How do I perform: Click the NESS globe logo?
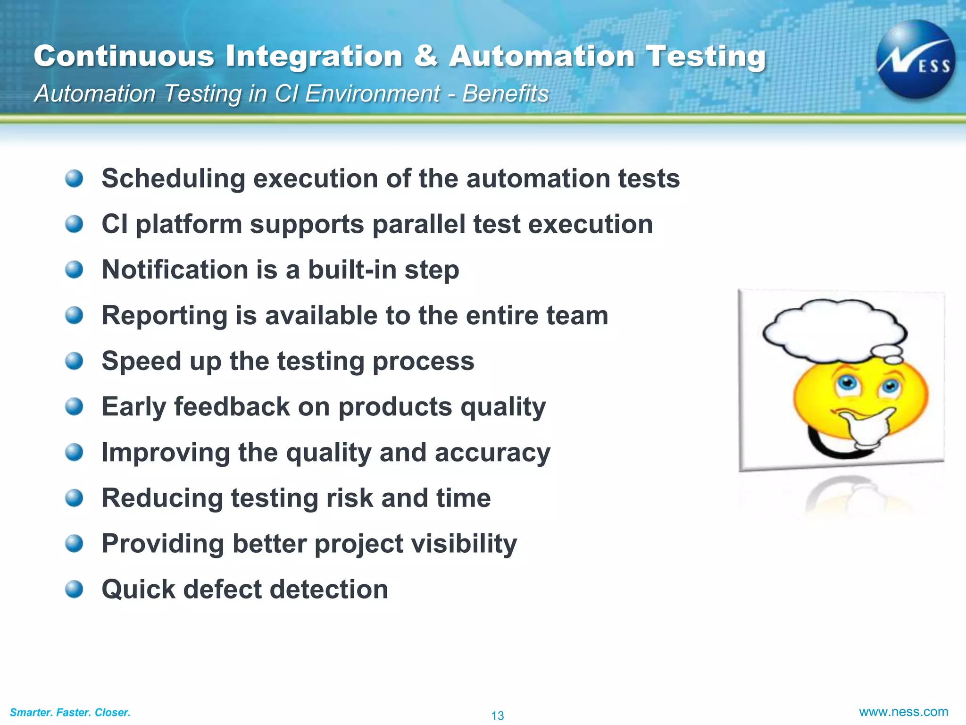915,59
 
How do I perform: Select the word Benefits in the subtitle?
505,93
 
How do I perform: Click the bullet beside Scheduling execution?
74,178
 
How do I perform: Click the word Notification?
175,270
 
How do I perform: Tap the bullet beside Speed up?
74,361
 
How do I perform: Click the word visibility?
464,544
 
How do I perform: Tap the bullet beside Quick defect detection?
74,589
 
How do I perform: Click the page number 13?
497,716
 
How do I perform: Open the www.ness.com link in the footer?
903,712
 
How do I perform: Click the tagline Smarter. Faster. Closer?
70,712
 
